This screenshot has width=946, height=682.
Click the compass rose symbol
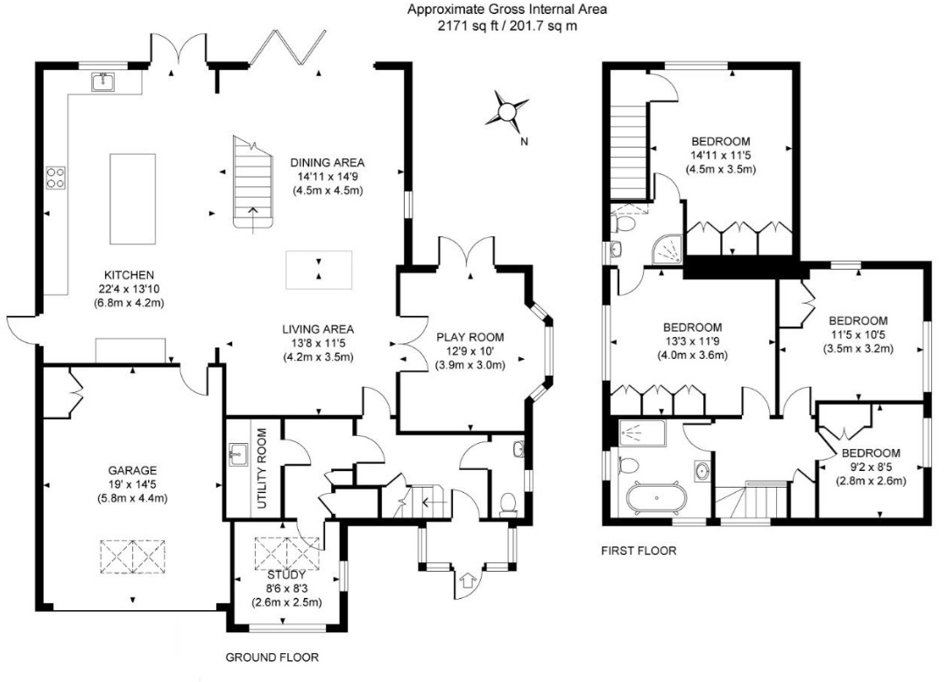[507, 111]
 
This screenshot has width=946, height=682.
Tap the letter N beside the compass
[525, 142]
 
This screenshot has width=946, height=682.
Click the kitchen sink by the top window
[103, 81]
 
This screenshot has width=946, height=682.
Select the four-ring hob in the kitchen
[56, 177]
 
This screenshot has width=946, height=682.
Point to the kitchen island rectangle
[133, 199]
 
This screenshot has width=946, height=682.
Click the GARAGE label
[132, 470]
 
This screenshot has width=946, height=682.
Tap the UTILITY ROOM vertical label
[262, 468]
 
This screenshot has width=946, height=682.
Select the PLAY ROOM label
[470, 338]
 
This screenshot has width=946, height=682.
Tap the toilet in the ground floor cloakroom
[509, 504]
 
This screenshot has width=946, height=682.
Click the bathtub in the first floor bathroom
[656, 497]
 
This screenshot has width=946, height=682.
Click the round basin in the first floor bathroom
[702, 470]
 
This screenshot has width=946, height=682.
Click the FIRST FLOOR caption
[639, 551]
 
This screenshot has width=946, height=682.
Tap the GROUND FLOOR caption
[272, 657]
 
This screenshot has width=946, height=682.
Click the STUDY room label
[286, 575]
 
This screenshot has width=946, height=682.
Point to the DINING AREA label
[328, 162]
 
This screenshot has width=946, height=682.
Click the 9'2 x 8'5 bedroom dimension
[871, 467]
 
